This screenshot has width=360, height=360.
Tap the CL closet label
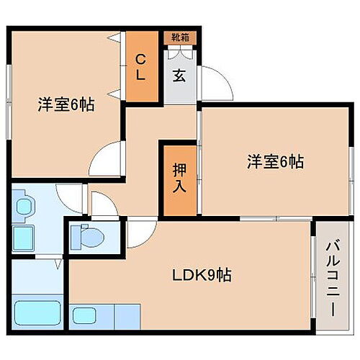pos(142,66)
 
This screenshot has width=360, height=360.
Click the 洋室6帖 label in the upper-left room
pos(66,104)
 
